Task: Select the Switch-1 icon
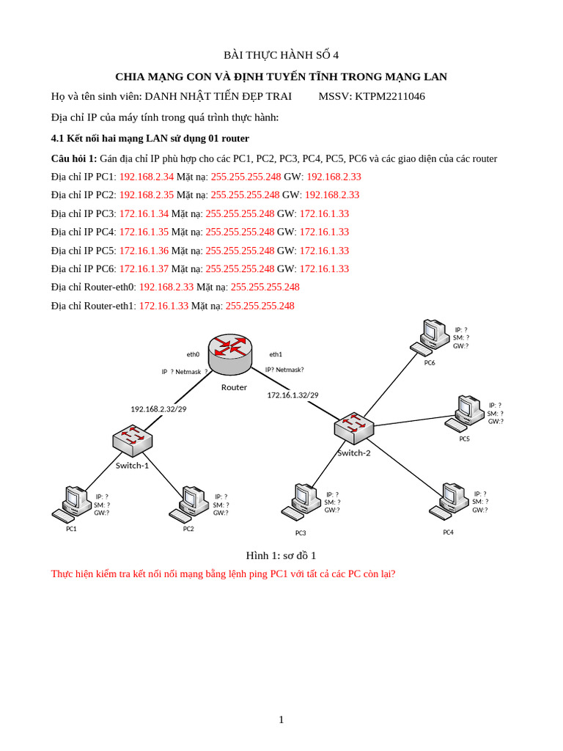point(132,440)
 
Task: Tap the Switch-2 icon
point(354,428)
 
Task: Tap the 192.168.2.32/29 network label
point(158,409)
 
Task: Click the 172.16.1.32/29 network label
point(292,395)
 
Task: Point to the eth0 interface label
point(193,354)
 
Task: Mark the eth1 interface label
point(276,354)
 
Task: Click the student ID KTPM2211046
point(389,96)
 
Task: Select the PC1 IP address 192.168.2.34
point(146,177)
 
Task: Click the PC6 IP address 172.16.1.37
point(144,268)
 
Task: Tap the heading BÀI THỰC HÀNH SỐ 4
point(281,55)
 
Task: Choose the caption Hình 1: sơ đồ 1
point(281,555)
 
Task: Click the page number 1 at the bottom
point(281,719)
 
